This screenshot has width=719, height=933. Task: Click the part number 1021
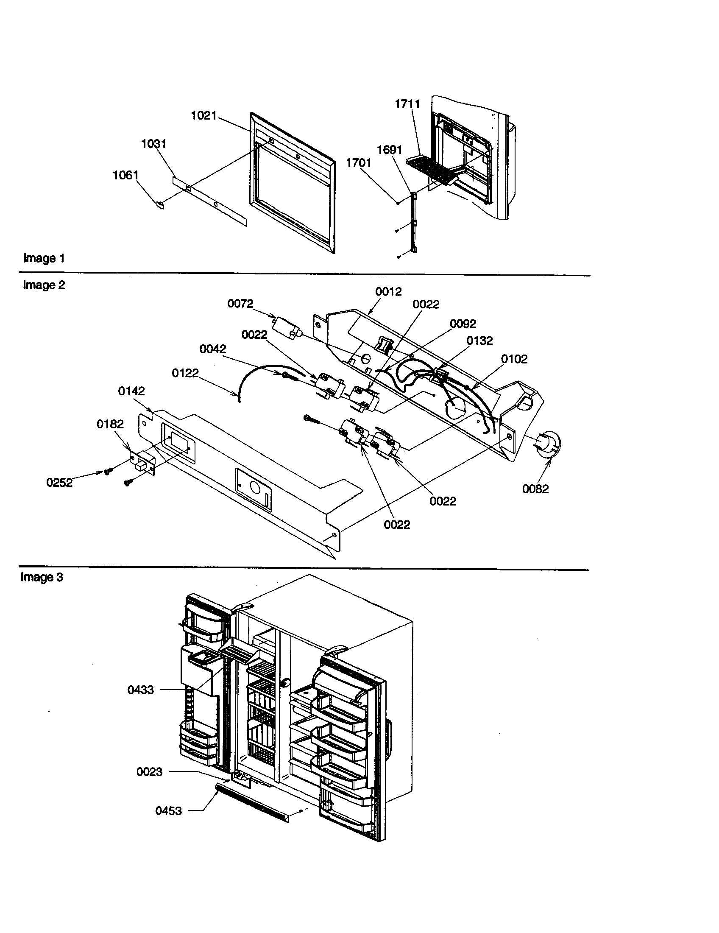coord(203,115)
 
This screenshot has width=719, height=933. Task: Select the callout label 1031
coord(154,143)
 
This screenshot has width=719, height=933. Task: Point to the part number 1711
coord(407,104)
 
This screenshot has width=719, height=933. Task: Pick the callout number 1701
coord(359,163)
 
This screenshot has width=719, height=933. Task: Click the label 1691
coord(389,150)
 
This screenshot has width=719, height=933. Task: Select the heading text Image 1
coord(44,258)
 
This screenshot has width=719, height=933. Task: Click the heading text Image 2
coord(44,285)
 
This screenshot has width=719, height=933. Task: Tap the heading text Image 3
coord(42,577)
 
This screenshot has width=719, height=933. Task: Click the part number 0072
coord(240,303)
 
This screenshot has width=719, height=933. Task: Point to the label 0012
coord(388,292)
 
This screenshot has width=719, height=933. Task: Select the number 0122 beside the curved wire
coord(185,373)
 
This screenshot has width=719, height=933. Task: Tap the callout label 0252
coord(59,483)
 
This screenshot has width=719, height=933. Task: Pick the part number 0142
coord(131,391)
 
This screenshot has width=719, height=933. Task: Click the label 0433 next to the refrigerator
coord(140,690)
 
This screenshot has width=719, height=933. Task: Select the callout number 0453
coord(168,810)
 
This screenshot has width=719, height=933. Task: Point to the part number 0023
coord(149,771)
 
